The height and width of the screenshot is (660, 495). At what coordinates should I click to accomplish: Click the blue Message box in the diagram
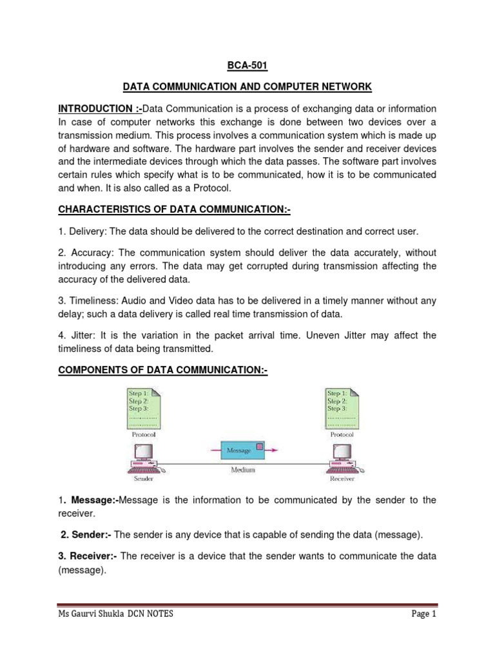point(238,451)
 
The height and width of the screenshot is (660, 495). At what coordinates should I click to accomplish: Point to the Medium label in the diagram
point(243,470)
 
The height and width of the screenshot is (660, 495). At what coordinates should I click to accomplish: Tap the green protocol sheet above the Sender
point(144,409)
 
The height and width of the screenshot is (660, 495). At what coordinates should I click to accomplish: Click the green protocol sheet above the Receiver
point(342,409)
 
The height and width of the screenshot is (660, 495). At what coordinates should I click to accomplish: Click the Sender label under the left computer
point(143,479)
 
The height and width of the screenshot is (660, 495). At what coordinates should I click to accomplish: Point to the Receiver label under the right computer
point(342,479)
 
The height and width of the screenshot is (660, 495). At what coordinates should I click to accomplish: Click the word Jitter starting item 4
point(81,335)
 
